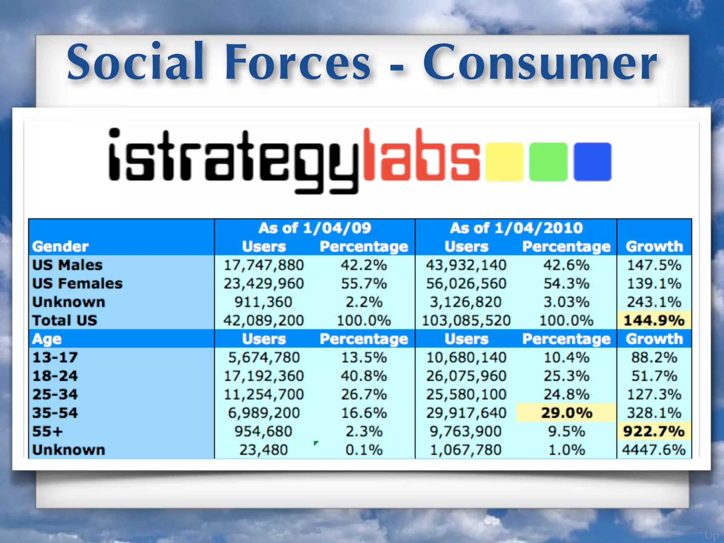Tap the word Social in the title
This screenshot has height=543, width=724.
[x=136, y=62]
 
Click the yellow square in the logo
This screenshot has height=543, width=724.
[x=504, y=162]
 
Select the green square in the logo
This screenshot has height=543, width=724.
[x=548, y=162]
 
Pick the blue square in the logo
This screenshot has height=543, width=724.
[x=592, y=162]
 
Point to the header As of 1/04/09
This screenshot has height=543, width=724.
[x=315, y=228]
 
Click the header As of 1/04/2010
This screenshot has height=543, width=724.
[x=516, y=228]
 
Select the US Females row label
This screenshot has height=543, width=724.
[x=77, y=284]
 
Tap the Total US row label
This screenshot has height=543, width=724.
[x=65, y=321]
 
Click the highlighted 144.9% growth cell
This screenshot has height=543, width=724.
[x=654, y=321]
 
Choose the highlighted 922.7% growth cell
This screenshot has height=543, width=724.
[x=654, y=431]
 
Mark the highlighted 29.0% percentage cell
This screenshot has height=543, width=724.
[x=566, y=413]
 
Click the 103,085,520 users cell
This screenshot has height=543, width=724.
[x=466, y=321]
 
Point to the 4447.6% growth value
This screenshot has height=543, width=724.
[x=654, y=450]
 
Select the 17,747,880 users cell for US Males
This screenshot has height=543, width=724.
[x=264, y=265]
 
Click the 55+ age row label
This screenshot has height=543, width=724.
[x=48, y=431]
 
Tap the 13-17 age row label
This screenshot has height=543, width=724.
[x=55, y=357]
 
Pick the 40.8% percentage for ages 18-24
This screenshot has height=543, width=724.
[x=364, y=376]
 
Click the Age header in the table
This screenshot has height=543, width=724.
[x=47, y=339]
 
